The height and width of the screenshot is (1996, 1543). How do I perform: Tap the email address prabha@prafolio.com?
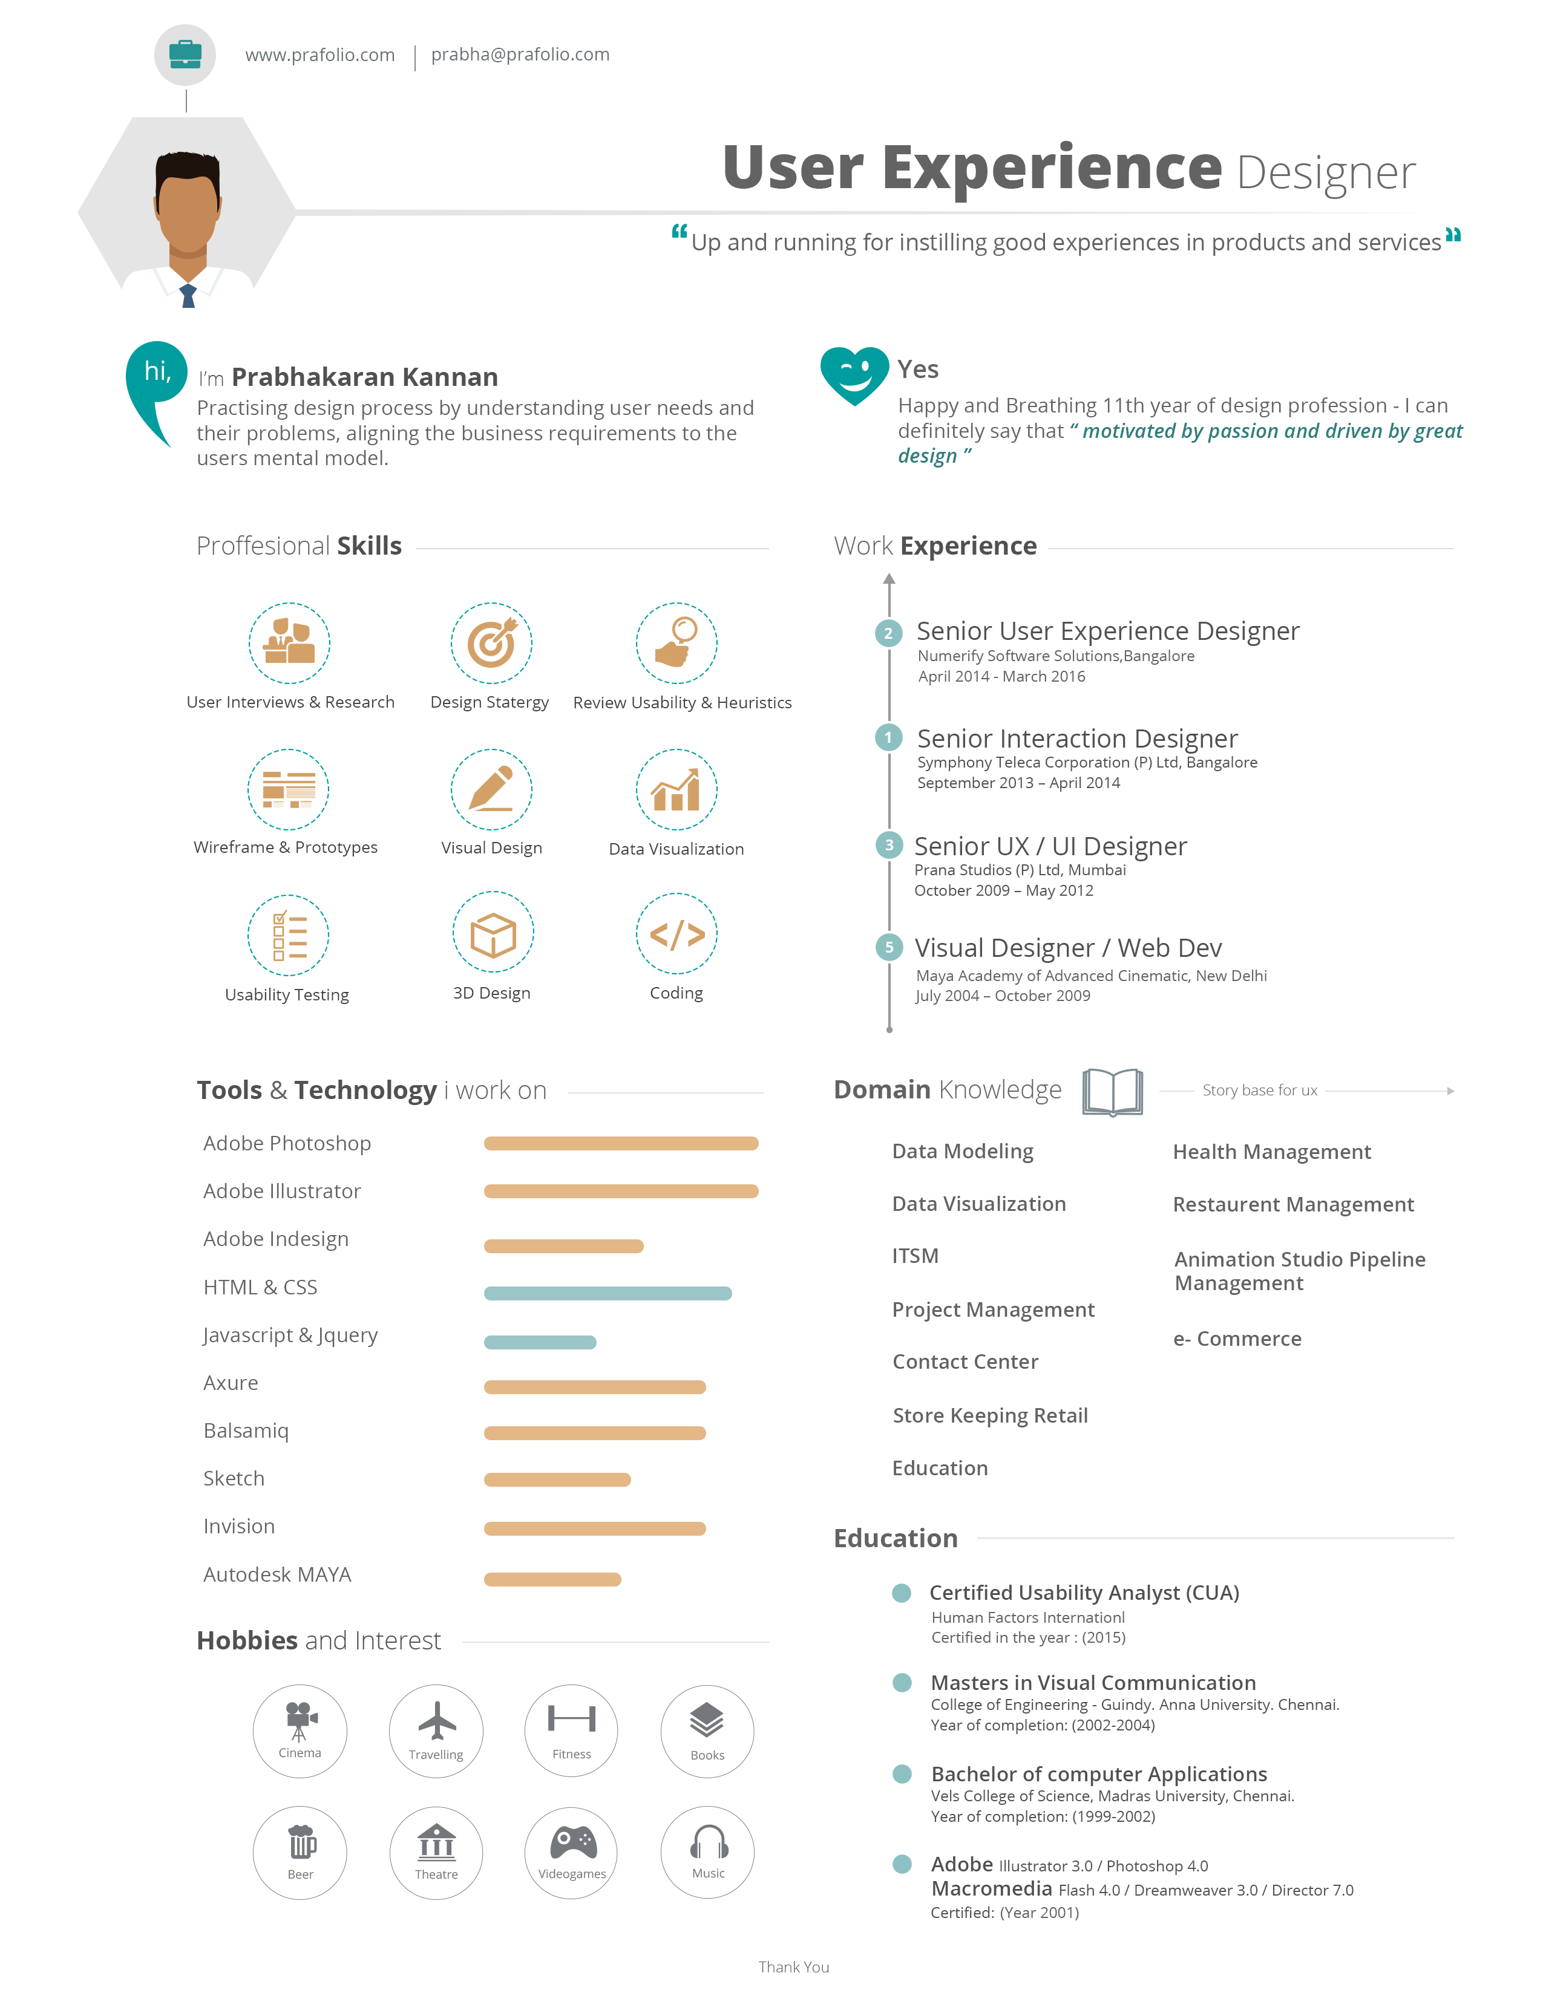click(520, 55)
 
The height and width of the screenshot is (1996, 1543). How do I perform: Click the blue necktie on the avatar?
click(188, 295)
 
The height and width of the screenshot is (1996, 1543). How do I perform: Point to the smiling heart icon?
click(854, 373)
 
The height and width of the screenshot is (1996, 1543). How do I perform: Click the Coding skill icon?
click(676, 934)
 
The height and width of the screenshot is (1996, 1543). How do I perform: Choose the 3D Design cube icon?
click(493, 933)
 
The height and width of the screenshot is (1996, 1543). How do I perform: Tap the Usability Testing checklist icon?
click(288, 935)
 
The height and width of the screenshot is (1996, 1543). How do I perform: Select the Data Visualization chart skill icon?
click(676, 789)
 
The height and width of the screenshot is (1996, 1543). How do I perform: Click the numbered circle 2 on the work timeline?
click(888, 633)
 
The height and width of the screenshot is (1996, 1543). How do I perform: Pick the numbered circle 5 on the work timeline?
click(888, 947)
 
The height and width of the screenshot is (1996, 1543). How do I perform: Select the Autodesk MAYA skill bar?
click(552, 1578)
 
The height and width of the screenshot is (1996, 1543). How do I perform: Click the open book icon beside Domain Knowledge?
click(1112, 1091)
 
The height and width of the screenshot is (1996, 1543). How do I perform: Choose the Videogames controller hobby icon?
click(571, 1842)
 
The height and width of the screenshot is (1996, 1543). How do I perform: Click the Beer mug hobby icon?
click(300, 1842)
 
